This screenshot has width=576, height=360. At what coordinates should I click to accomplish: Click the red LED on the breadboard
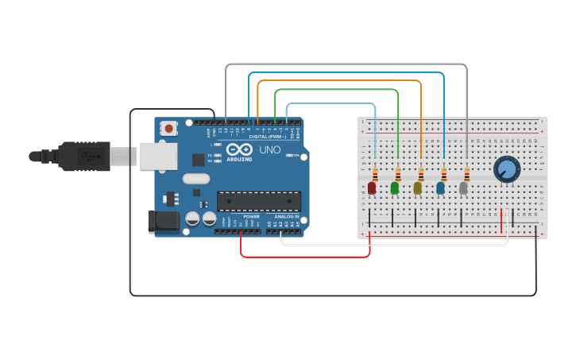372,188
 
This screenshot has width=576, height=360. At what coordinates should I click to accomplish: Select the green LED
395,188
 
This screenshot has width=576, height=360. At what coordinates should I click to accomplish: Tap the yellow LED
418,188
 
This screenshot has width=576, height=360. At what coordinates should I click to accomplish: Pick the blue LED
440,188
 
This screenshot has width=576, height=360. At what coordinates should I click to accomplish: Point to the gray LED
463,188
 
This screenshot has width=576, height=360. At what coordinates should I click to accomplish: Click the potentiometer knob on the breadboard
506,168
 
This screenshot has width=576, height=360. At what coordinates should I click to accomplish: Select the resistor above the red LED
375,175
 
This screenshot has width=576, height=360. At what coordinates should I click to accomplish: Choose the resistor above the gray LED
467,175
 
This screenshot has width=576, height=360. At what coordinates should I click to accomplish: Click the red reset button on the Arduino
168,128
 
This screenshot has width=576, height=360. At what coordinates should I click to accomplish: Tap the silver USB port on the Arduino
157,157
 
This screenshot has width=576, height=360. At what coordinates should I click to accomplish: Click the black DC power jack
164,221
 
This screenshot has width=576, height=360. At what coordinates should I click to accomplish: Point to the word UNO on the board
270,149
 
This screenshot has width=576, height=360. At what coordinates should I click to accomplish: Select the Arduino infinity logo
239,149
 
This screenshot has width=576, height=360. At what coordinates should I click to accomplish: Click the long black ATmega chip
259,202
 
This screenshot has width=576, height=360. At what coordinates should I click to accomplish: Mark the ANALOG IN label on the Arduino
286,216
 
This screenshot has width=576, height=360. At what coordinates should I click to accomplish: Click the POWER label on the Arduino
251,216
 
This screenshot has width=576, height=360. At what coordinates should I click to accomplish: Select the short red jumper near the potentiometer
501,221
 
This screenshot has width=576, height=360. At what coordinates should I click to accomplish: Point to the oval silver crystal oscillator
196,178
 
